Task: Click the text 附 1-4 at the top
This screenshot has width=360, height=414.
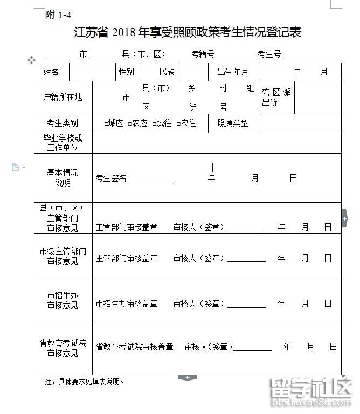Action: click(58, 15)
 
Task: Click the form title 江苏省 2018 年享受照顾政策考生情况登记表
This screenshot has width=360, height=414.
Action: click(187, 32)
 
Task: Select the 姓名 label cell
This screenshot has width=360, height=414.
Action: click(51, 72)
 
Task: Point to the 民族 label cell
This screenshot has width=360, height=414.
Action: click(167, 72)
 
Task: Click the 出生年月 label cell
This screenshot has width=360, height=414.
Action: click(233, 72)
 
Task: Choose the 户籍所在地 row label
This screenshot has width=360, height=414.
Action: click(63, 97)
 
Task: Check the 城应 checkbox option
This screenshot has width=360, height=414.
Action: click(107, 123)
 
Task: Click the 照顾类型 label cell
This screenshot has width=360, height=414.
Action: click(233, 123)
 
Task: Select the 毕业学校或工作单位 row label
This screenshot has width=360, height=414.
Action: click(63, 143)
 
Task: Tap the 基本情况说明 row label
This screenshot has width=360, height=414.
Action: click(63, 177)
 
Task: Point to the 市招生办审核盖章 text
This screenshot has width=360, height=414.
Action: click(127, 303)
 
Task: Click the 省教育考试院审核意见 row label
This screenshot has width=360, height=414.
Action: click(63, 348)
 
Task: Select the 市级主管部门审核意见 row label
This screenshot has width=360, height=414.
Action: click(63, 256)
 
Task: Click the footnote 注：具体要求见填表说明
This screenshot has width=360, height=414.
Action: click(85, 382)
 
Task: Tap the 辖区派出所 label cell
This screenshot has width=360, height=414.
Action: click(276, 97)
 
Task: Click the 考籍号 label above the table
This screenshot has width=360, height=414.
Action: click(203, 54)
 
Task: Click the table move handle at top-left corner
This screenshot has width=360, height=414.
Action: click(31, 60)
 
